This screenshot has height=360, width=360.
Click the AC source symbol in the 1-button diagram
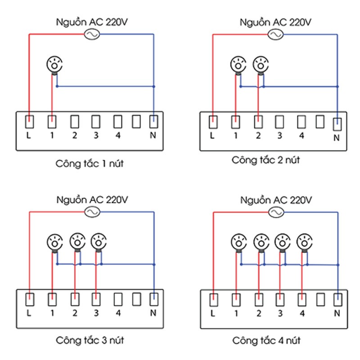[91, 34]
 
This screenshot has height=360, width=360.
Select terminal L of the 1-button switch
[29, 121]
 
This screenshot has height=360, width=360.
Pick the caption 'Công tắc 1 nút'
[90, 163]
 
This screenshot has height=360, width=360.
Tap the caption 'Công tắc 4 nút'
[266, 340]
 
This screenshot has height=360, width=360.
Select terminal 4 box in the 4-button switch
[302, 299]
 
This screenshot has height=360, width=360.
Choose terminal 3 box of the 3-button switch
[95, 299]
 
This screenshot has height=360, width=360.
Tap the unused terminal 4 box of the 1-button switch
[118, 121]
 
